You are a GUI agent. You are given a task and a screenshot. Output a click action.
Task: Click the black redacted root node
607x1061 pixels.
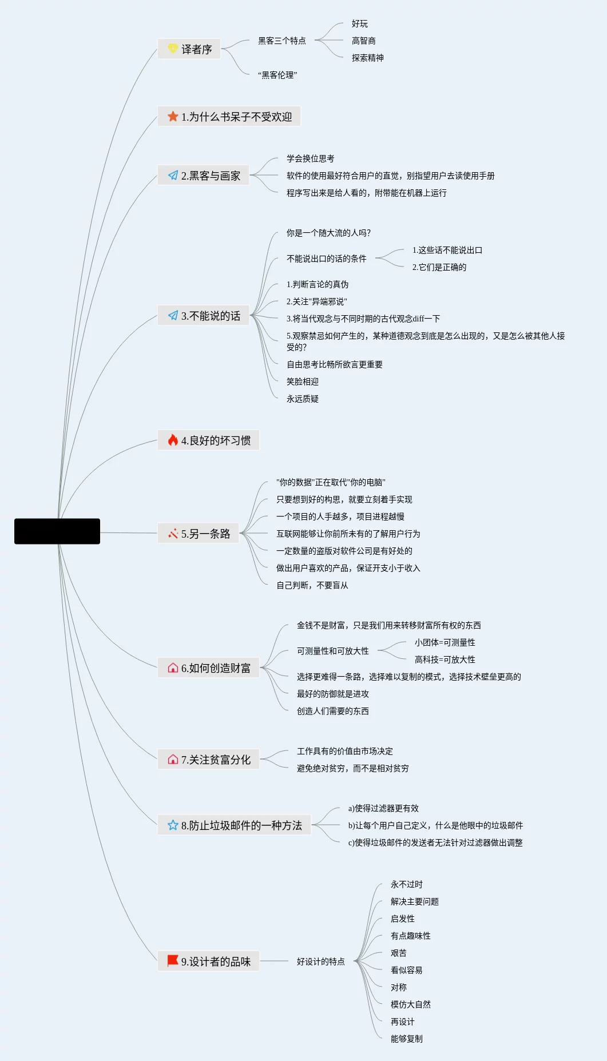tap(57, 531)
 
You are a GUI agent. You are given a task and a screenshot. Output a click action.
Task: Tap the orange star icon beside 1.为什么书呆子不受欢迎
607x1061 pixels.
tap(173, 117)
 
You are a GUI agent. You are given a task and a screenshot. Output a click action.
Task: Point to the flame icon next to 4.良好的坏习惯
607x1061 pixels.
tap(173, 440)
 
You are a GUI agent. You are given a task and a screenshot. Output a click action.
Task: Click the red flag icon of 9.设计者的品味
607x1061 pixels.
tap(173, 961)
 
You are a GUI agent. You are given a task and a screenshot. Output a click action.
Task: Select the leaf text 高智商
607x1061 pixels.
tap(363, 41)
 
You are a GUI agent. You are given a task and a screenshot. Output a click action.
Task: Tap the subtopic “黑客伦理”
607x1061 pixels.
tap(277, 75)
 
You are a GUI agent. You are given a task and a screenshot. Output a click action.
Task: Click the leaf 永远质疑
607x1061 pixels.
tap(303, 399)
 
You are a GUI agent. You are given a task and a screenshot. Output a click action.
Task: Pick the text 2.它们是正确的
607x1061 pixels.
tap(439, 267)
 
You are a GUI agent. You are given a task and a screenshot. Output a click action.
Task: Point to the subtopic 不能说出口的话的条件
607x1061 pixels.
tap(327, 259)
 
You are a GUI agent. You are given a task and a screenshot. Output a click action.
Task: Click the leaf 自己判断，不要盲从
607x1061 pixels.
tap(312, 585)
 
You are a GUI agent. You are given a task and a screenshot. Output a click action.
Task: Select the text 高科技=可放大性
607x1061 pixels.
tap(445, 659)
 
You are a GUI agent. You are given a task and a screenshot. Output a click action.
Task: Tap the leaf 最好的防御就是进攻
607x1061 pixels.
tap(333, 694)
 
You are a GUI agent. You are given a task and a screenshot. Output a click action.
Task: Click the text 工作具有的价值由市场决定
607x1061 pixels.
tap(345, 751)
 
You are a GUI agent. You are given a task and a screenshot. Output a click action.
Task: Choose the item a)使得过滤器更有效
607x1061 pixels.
tap(383, 808)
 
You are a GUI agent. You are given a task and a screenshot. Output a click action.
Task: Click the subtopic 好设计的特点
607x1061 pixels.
tap(321, 961)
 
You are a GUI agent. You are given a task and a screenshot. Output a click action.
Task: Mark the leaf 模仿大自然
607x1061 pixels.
tap(411, 1004)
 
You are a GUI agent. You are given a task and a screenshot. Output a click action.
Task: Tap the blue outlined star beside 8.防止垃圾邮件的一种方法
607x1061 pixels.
tap(173, 825)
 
